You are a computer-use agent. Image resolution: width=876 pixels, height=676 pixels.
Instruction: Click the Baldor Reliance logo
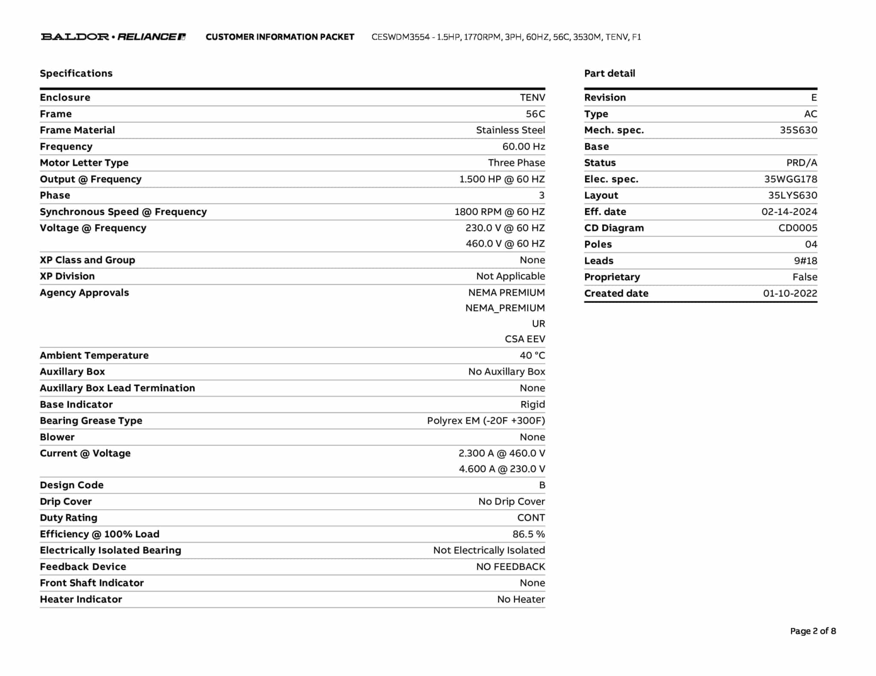click(113, 37)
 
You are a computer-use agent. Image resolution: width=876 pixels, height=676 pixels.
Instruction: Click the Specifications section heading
click(76, 73)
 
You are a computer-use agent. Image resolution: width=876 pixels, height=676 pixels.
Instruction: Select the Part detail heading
click(610, 73)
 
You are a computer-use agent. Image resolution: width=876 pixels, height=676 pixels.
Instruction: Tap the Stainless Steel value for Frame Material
click(510, 130)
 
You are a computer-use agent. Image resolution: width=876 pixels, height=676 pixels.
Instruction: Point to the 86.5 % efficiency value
click(529, 534)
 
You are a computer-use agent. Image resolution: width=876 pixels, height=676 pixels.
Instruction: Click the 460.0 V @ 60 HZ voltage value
click(505, 244)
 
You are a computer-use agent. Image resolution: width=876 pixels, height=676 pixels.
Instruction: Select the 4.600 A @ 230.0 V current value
click(502, 469)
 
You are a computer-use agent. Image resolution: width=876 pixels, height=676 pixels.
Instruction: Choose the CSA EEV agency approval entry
click(525, 339)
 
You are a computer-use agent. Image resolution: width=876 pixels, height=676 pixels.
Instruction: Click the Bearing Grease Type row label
click(91, 421)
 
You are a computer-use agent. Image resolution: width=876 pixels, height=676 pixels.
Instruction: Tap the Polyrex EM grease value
click(486, 421)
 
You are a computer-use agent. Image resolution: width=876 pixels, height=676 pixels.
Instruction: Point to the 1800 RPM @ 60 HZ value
click(500, 212)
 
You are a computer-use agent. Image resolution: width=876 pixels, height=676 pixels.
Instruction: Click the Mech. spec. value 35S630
click(798, 130)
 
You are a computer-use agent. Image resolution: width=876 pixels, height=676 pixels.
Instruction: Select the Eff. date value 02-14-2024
click(789, 212)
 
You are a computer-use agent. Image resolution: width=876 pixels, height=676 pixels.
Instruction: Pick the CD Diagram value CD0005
click(798, 228)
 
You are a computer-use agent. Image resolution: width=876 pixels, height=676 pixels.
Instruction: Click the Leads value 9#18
click(805, 261)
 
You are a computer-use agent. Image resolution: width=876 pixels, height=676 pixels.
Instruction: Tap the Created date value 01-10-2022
click(790, 294)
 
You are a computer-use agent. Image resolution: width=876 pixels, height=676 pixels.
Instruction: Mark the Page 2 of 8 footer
click(813, 631)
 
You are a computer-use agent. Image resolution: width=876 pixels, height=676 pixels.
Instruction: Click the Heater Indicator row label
click(81, 600)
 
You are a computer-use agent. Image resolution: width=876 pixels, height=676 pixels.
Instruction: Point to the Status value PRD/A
click(802, 163)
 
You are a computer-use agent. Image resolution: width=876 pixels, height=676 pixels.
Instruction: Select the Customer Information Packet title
click(280, 37)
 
